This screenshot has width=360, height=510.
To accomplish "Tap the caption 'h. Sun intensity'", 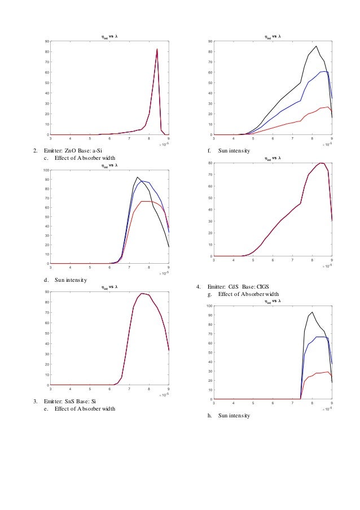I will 230,416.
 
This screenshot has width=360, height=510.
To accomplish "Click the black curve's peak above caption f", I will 316,46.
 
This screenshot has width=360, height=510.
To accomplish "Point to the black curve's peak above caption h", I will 312,312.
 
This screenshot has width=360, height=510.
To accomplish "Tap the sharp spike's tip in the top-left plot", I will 157,49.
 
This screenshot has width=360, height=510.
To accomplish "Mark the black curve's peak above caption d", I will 137,177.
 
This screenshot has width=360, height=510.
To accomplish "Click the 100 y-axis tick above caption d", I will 46,171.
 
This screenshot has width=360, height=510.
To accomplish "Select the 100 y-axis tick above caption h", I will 209,306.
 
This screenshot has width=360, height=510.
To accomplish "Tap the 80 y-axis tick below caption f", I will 209,163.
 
